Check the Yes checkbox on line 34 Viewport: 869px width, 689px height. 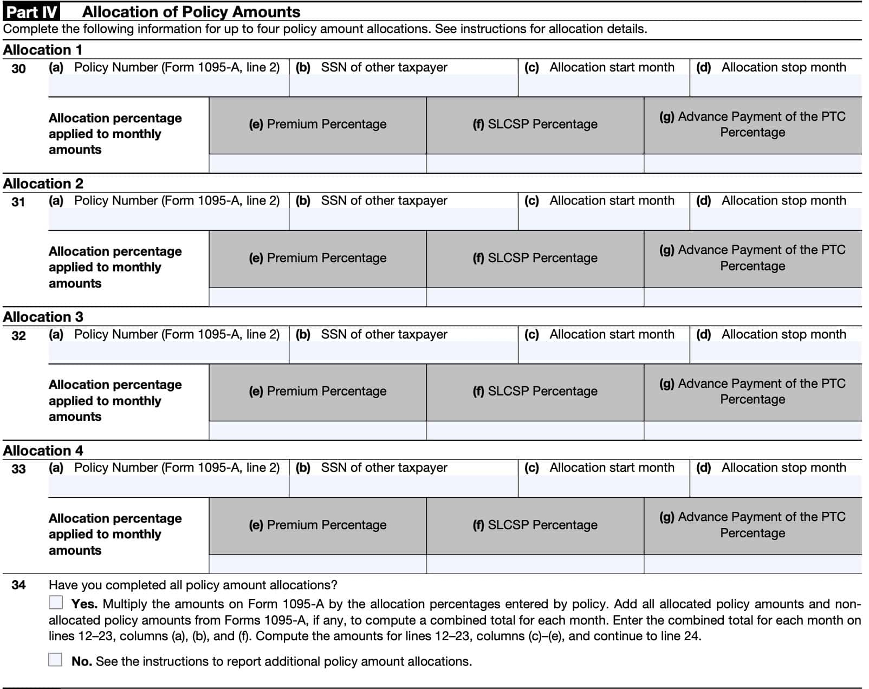click(55, 602)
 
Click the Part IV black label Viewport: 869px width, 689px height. click(31, 11)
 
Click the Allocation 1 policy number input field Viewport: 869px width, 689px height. click(168, 86)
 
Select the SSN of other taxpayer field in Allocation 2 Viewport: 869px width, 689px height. click(403, 219)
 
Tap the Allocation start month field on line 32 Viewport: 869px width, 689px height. click(604, 353)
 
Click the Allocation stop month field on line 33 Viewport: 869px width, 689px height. click(775, 486)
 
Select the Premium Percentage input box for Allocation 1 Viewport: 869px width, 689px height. click(317, 164)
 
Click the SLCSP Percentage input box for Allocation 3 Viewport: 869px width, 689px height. click(535, 431)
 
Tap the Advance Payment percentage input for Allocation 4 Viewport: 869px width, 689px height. click(753, 564)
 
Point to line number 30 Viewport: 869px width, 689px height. click(18, 68)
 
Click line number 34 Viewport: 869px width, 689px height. click(18, 585)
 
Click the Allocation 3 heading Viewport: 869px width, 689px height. click(43, 317)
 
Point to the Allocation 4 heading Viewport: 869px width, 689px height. click(43, 451)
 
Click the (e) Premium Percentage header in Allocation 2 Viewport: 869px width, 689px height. click(317, 258)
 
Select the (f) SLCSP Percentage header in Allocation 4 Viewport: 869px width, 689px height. click(535, 525)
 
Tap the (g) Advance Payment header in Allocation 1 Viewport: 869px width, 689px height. click(753, 125)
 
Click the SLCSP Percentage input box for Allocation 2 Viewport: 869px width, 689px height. click(535, 297)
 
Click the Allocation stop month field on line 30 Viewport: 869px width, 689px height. click(775, 86)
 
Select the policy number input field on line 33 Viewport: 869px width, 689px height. click(168, 486)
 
